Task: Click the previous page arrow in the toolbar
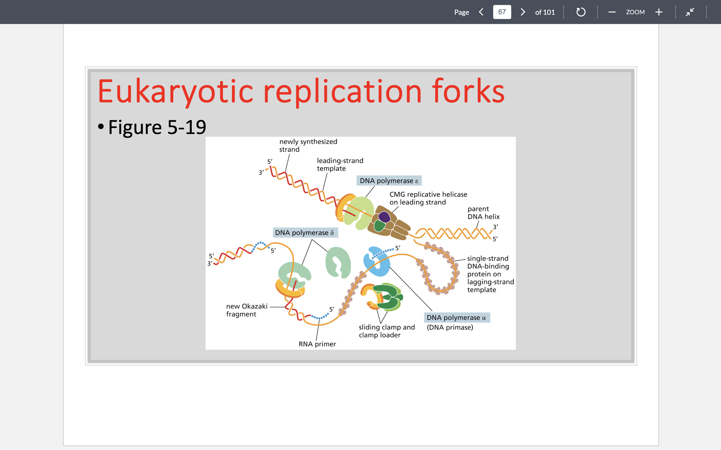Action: click(x=481, y=12)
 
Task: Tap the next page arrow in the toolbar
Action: click(x=522, y=12)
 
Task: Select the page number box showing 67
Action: click(x=502, y=12)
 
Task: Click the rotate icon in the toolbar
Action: click(x=581, y=12)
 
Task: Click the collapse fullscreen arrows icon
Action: click(x=690, y=12)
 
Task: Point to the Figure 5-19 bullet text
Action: click(x=157, y=127)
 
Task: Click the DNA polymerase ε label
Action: click(x=389, y=181)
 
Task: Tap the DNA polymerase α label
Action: click(x=456, y=317)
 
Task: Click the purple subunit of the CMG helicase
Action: click(x=384, y=217)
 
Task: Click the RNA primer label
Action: click(x=317, y=344)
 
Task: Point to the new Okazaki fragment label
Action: click(x=247, y=310)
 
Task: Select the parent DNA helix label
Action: click(x=483, y=213)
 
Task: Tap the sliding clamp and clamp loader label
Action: click(x=387, y=331)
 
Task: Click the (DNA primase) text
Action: click(x=450, y=327)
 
